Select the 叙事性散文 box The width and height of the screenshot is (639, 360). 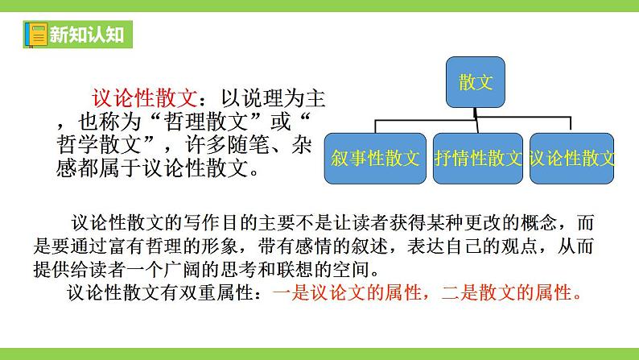coord(375,157)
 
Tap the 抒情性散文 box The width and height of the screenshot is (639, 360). coord(478,157)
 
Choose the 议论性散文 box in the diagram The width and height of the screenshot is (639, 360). coord(571,157)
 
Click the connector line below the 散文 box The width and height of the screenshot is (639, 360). coord(475,115)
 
